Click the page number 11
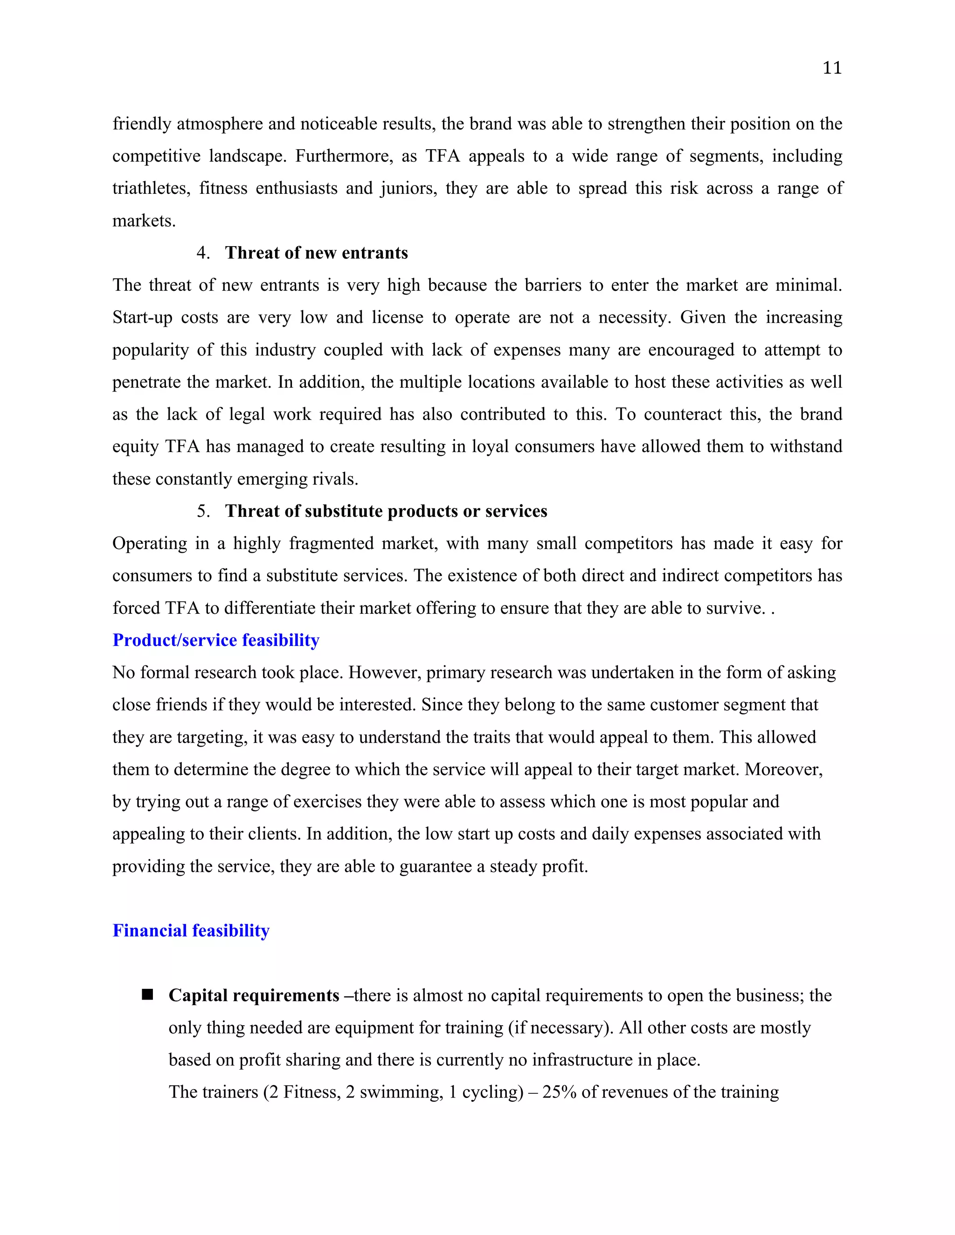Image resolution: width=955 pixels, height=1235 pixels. (832, 68)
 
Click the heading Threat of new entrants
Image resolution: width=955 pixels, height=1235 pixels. (316, 253)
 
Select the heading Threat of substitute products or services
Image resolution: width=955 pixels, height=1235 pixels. (386, 511)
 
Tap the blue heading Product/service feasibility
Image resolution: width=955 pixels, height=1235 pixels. (215, 640)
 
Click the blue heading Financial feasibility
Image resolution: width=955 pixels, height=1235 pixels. (191, 931)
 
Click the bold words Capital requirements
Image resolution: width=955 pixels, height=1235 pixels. (254, 995)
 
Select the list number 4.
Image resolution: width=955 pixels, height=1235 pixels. (202, 253)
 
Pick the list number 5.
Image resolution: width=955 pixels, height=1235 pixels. (202, 511)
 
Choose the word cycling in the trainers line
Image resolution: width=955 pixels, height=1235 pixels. (492, 1092)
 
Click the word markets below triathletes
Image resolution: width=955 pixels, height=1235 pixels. (144, 220)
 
